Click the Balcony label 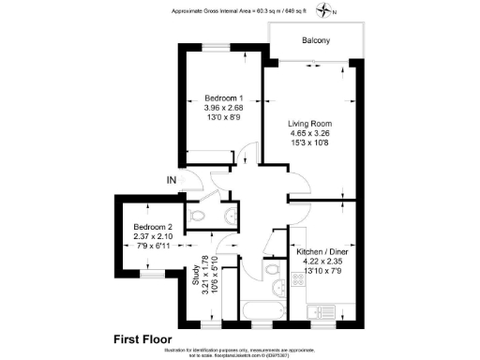[315, 41]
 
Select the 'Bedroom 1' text [224, 99]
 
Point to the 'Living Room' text [309, 124]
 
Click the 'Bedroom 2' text [153, 228]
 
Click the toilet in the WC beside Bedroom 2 [197, 217]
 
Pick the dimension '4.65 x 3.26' [309, 134]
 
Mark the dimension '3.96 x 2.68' [224, 110]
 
